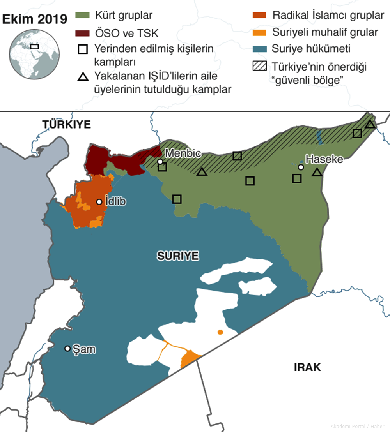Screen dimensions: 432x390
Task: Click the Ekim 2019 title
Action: point(35,19)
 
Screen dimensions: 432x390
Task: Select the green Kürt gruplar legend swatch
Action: point(83,16)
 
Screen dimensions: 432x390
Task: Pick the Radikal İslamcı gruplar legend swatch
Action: point(259,16)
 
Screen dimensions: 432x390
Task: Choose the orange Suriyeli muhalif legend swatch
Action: point(259,32)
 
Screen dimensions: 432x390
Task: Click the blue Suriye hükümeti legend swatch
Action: point(259,49)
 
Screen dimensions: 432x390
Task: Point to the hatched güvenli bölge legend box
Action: point(259,67)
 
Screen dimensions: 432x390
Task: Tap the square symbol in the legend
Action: point(83,49)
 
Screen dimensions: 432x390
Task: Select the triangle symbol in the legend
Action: point(83,77)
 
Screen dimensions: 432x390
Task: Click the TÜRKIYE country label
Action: point(66,125)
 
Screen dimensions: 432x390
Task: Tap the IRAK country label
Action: point(307,367)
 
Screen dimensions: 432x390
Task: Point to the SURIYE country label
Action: point(178,256)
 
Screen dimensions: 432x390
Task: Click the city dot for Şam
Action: point(67,348)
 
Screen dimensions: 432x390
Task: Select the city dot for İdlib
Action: point(99,202)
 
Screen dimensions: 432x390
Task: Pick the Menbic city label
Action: point(183,153)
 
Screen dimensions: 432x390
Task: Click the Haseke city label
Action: point(324,159)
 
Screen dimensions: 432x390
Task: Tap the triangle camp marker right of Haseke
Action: point(317,172)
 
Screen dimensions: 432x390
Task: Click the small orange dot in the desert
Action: point(220,332)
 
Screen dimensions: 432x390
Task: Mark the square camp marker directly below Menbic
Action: point(162,167)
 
